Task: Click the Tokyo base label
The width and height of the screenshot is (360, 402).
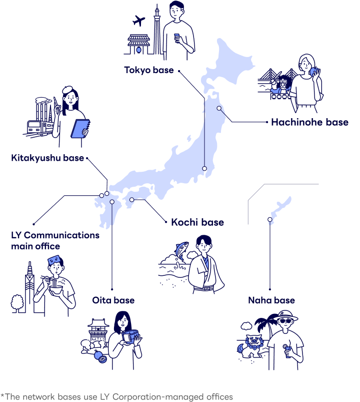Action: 149,70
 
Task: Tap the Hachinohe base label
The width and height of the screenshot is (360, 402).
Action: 309,122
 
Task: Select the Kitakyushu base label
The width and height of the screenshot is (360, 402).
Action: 47,159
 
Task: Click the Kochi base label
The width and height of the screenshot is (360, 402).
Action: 197,221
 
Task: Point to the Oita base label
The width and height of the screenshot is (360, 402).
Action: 113,300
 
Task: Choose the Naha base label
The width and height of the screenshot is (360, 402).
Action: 271,300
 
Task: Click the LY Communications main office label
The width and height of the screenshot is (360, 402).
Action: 55,240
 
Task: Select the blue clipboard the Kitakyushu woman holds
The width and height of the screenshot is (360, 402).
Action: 80,128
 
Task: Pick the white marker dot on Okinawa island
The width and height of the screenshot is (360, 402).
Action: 269,219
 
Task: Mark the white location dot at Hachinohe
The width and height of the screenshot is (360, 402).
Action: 218,108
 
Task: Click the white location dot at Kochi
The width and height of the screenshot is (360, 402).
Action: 132,200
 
